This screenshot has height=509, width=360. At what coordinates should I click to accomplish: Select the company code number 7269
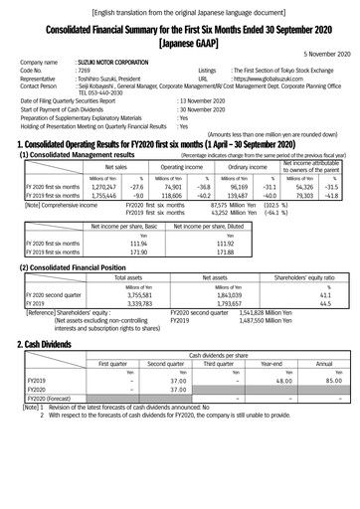[x=84, y=72]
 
